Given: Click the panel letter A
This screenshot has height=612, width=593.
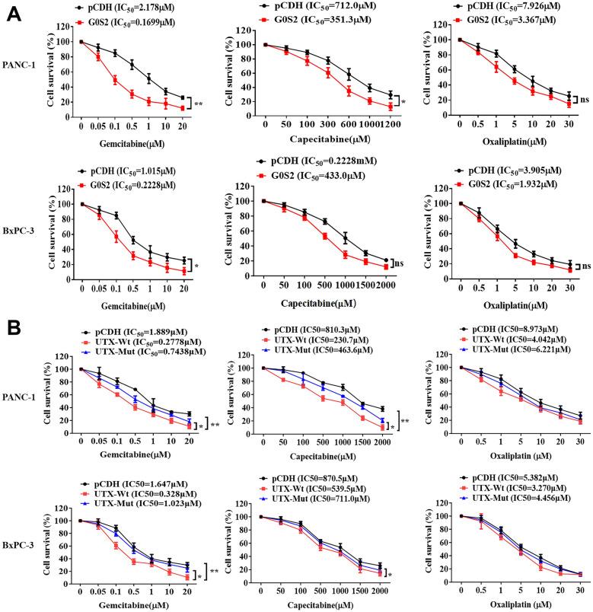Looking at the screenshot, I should pos(15,16).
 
